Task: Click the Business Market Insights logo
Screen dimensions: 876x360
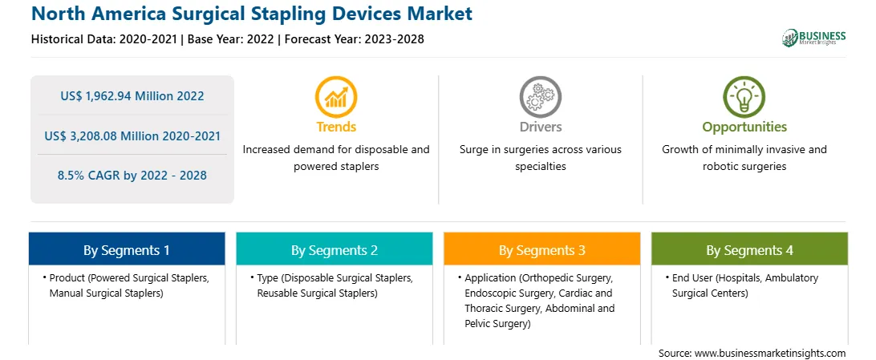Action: (813, 37)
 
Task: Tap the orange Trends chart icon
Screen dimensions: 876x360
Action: (336, 97)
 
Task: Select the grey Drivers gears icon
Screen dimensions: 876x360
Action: (540, 97)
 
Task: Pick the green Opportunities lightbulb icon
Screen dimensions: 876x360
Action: (744, 97)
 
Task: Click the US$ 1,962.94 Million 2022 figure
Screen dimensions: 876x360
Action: (132, 96)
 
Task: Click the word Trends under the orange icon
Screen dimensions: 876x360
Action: (336, 127)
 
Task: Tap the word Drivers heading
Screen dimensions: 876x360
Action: (540, 127)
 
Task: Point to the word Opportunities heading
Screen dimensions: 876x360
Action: (744, 127)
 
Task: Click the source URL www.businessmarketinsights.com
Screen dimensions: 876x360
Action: (770, 354)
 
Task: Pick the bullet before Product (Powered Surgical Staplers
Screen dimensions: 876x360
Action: (44, 277)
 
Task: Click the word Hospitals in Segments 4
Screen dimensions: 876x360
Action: (731, 277)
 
